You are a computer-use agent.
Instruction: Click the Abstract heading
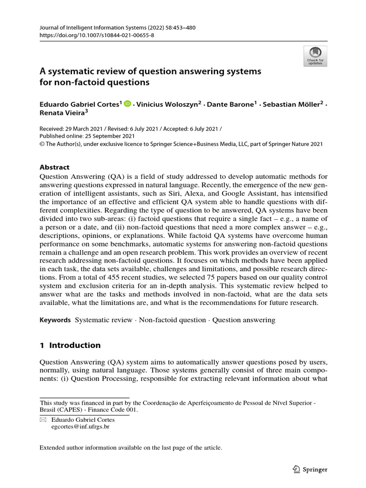pyautogui.click(x=55, y=167)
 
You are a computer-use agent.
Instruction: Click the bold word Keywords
pyautogui.click(x=55, y=320)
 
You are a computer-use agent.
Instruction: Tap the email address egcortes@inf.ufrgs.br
pyautogui.click(x=81, y=427)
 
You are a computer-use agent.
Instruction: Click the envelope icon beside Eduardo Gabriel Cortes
pyautogui.click(x=43, y=420)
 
